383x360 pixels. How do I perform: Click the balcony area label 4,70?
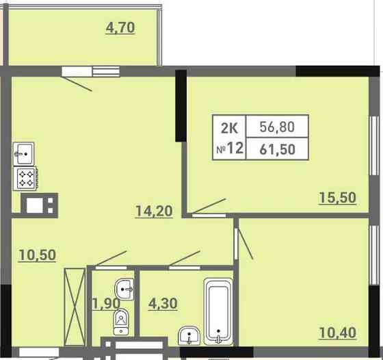120,27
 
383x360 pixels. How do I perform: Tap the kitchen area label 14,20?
154,211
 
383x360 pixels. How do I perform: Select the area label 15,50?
337,198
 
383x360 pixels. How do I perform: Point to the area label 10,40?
337,333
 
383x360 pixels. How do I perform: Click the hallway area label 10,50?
37,255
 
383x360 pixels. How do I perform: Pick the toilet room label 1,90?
106,304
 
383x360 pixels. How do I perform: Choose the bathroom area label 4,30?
163,304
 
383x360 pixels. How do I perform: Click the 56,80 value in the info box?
277,127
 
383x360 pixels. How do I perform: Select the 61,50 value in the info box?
277,149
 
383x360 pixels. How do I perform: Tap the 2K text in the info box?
229,128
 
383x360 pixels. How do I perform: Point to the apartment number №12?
230,148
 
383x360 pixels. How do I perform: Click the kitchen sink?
23,154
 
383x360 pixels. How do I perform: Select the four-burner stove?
25,179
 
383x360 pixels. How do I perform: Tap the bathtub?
218,311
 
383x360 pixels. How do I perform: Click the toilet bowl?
121,322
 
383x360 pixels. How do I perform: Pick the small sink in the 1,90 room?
124,289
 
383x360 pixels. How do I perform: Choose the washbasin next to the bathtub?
189,336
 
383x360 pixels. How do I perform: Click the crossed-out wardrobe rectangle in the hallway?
75,307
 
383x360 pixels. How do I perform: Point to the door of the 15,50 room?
209,207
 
